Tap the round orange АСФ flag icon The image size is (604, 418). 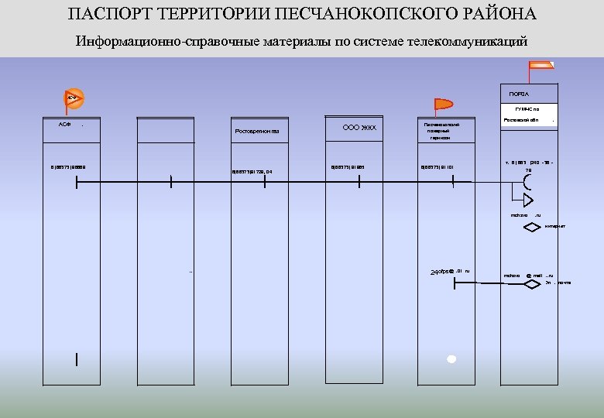click(74, 98)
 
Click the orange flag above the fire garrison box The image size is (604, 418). click(443, 105)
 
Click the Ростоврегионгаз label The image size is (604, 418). click(257, 131)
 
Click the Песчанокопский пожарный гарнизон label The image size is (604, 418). click(441, 131)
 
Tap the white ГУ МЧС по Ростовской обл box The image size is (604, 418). click(529, 115)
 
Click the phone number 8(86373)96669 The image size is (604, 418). click(69, 166)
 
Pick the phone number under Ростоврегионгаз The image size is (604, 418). click(253, 172)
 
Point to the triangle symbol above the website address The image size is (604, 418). click(528, 200)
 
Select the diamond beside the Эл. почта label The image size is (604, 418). click(532, 283)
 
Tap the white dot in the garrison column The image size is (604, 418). click(451, 359)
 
